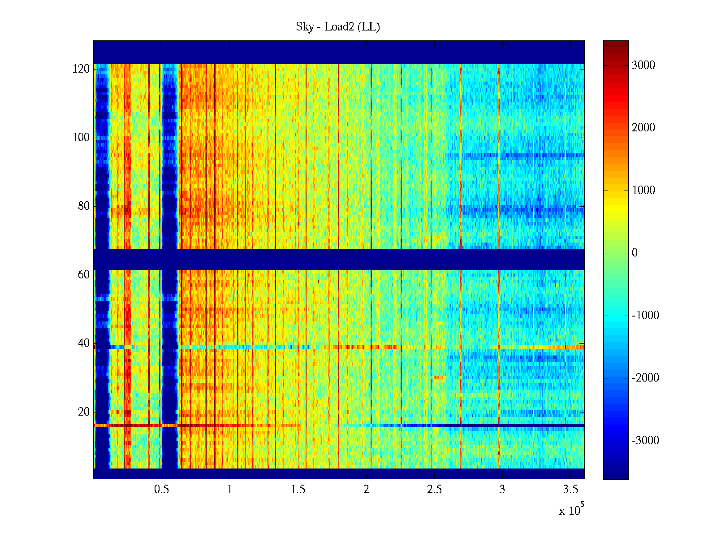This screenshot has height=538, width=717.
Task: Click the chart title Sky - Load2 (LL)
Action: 338,27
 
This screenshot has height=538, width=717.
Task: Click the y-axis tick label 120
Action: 81,69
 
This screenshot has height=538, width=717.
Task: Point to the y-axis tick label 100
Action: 81,138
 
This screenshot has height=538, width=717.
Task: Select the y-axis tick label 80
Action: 84,206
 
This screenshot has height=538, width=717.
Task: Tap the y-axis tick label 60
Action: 84,275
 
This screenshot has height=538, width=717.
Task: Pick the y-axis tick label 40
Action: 84,343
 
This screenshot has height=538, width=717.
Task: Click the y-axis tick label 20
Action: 84,412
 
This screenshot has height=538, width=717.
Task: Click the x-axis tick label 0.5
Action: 161,490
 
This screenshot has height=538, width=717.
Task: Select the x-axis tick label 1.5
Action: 298,490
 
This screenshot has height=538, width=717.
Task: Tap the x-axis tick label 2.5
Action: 434,490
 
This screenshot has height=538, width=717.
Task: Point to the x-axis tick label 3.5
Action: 570,490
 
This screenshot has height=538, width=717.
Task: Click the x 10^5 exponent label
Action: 571,510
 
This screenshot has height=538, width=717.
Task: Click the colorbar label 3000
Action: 643,65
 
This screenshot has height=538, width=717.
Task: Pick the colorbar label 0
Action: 635,253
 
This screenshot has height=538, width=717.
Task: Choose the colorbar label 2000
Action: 643,128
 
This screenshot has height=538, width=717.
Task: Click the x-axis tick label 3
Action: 502,490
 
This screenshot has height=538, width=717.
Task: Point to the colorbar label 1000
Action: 643,191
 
